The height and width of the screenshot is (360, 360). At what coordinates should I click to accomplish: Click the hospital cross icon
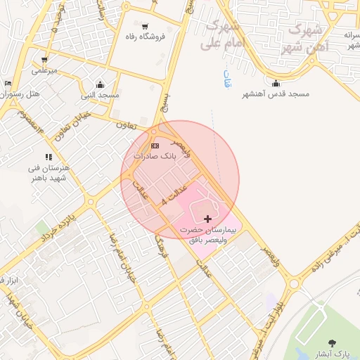(x=207, y=219)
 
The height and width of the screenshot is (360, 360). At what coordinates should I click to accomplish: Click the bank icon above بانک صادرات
(x=155, y=145)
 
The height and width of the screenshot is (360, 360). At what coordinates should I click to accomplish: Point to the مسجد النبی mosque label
(x=100, y=94)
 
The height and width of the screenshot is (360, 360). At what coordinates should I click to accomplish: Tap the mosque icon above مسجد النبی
(x=100, y=84)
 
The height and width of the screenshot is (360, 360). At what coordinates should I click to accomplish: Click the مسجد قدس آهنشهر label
(x=276, y=94)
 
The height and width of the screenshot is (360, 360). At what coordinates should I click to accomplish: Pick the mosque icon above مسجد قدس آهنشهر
(x=276, y=84)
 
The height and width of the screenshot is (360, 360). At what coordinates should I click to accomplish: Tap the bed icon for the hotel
(x=8, y=84)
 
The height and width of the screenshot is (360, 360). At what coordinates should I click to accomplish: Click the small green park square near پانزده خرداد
(x=44, y=229)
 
